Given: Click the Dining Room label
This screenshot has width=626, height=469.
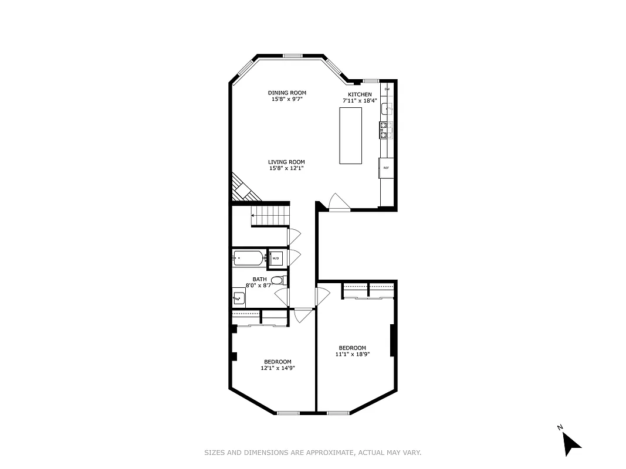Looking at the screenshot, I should [287, 93].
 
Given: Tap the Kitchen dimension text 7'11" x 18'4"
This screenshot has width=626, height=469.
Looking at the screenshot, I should [360, 101].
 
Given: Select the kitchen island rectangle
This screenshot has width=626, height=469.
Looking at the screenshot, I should [350, 136].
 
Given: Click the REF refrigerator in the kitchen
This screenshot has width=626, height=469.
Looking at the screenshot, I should [386, 168].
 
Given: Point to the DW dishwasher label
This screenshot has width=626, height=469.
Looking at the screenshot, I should [387, 89].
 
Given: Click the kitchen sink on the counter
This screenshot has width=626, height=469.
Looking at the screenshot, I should [387, 108].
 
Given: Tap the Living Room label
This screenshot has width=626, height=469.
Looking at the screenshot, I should [287, 162].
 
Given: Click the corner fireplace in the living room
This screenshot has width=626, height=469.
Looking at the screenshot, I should [241, 189].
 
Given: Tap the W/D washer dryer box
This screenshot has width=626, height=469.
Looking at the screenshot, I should [276, 258].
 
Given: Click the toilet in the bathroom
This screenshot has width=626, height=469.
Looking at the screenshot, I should [279, 280].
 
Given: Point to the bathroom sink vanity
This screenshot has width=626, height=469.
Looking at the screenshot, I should [239, 298].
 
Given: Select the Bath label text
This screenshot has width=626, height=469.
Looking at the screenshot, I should [259, 279].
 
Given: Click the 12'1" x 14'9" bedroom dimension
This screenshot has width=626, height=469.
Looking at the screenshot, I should [278, 368].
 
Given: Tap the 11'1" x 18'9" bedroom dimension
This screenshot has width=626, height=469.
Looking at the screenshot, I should [352, 354].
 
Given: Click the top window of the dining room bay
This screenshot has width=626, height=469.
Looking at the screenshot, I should [292, 56].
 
